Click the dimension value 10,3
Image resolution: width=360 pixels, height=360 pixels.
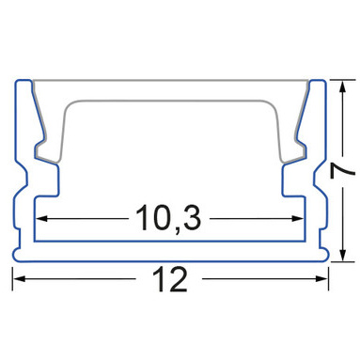168,218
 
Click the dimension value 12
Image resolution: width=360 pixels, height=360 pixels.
170,279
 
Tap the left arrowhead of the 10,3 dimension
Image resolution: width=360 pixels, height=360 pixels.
42,218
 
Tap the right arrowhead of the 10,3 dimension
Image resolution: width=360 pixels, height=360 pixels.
297,218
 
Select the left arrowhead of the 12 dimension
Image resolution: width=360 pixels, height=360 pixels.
19,278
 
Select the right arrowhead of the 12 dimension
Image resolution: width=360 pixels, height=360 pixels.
321,278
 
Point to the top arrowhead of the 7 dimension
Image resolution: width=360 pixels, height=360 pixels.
343,86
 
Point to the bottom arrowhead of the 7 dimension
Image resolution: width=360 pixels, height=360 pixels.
343,255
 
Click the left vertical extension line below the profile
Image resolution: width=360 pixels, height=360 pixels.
12,278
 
